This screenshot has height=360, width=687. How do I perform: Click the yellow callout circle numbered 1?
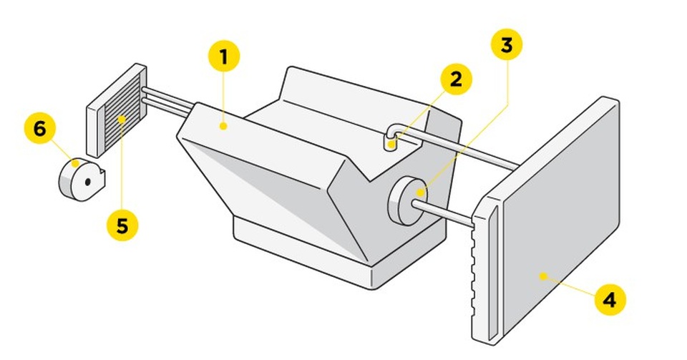pos(224,57)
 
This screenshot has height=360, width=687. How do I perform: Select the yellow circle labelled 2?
pos(456,79)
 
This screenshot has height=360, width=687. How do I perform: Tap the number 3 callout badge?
pos(506,45)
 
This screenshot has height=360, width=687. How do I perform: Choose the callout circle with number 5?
pos(122,225)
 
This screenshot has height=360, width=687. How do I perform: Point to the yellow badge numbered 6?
pos(39,129)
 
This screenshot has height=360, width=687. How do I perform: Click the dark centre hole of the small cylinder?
pos(87,182)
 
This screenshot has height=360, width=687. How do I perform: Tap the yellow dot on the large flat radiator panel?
pos(542,275)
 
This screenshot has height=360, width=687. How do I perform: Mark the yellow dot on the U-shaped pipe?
pos(391,145)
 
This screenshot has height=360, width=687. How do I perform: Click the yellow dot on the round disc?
pos(422,192)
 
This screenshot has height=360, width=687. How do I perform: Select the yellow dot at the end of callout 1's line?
pos(224,127)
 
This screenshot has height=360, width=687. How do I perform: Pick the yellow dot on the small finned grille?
pos(122,120)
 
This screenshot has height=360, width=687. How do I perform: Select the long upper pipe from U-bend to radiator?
pos(465,150)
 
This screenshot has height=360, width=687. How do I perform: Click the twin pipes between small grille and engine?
pos(168,101)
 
